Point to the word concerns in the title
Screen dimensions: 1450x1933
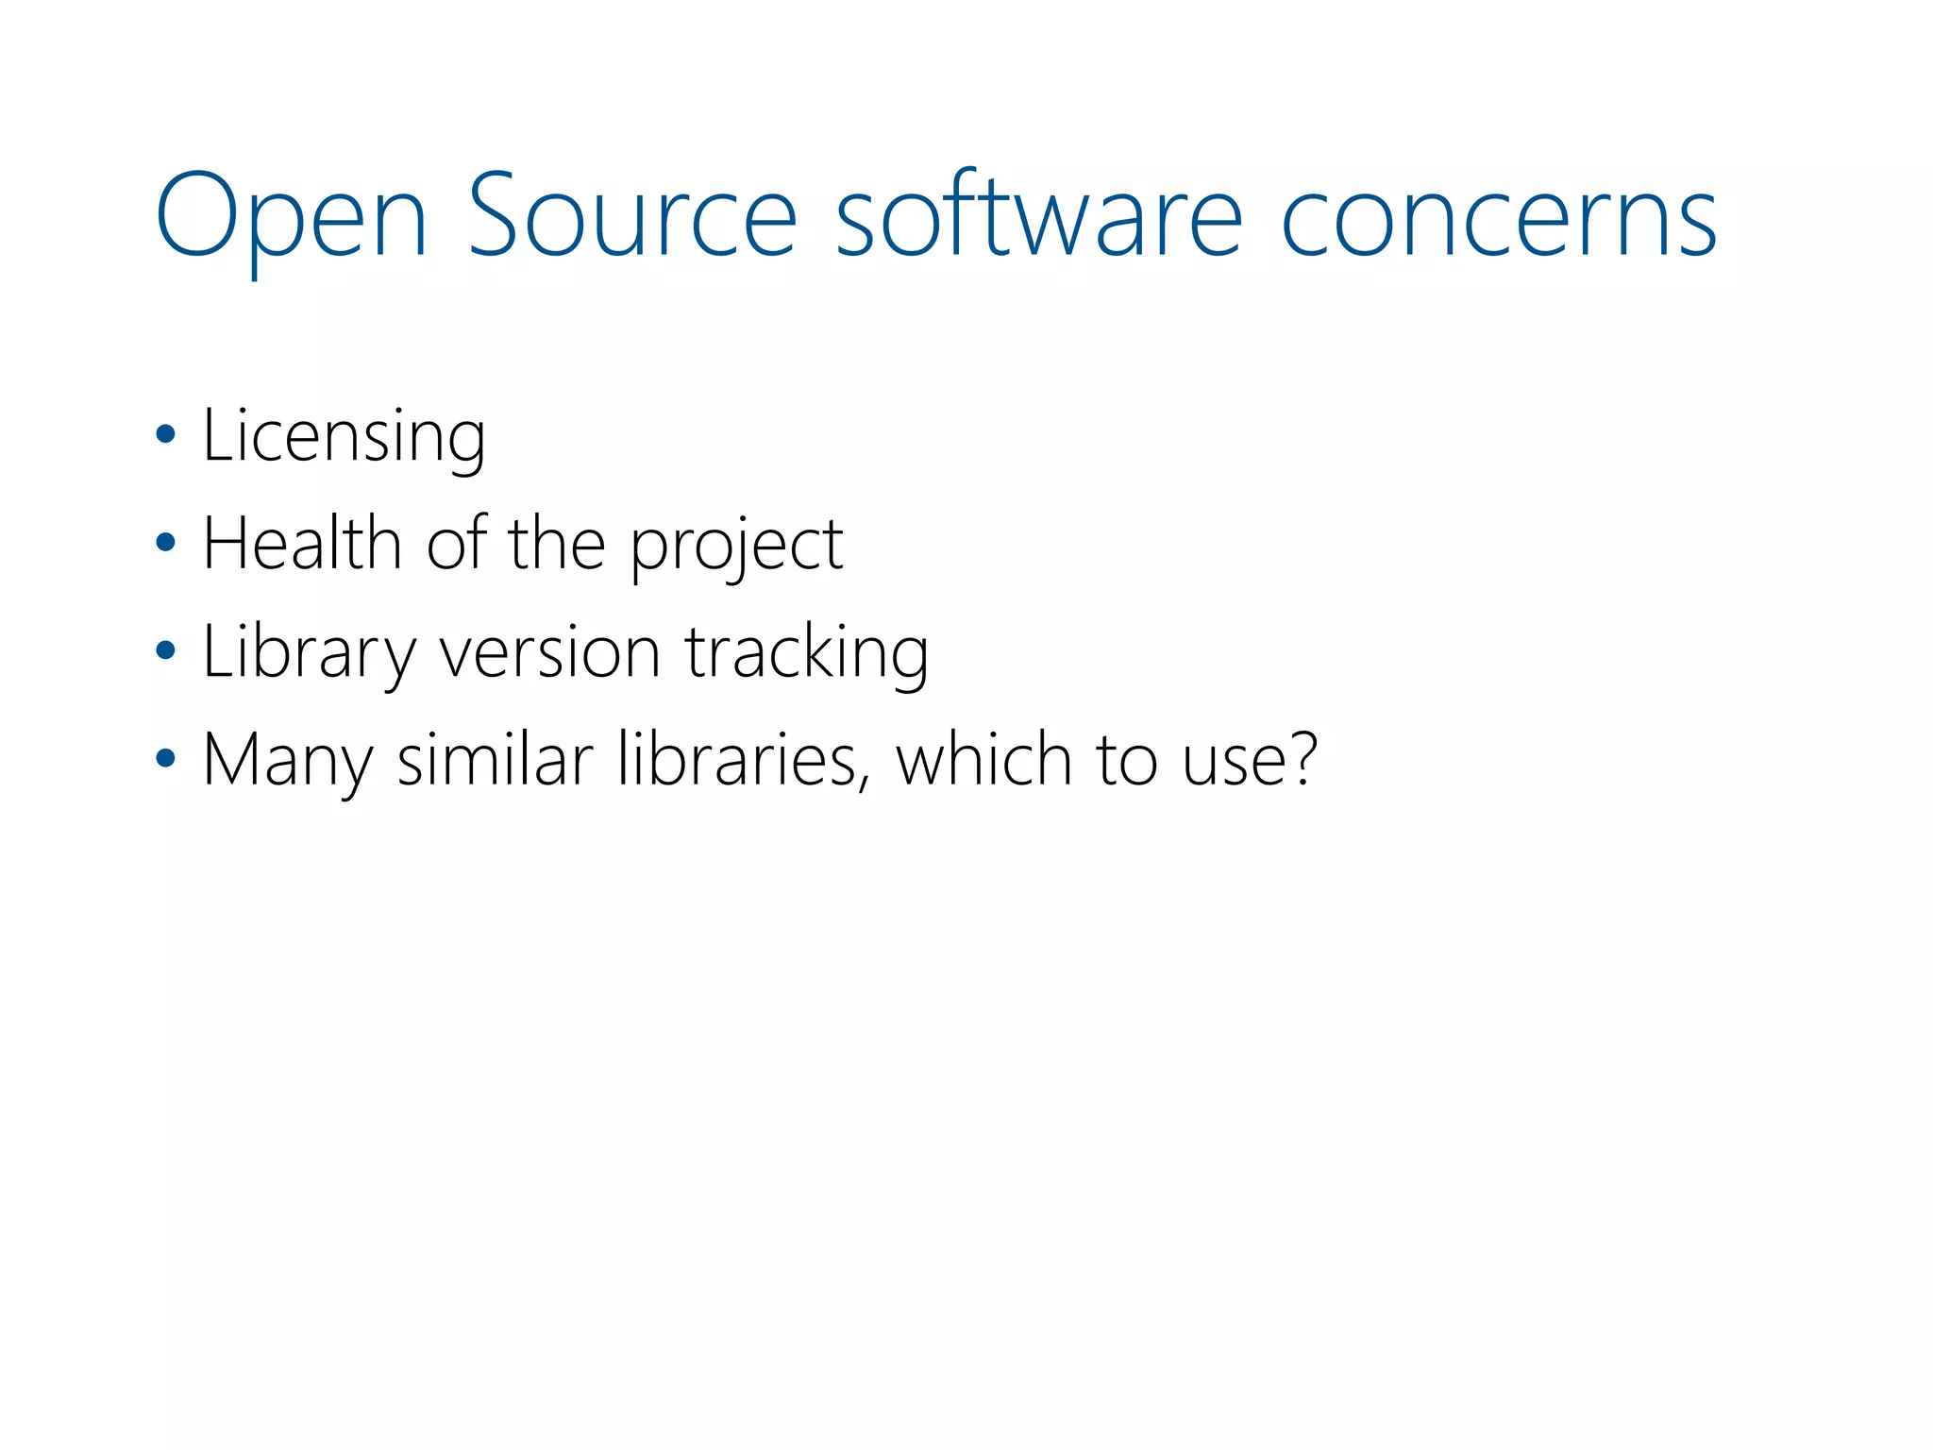tap(1498, 219)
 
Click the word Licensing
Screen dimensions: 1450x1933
tap(345, 436)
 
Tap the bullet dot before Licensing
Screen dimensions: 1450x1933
tap(166, 434)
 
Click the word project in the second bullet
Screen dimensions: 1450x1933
tap(736, 548)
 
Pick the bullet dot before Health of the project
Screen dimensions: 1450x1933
tap(166, 542)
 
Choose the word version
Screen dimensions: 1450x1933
tap(550, 653)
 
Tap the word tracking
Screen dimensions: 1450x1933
tap(807, 653)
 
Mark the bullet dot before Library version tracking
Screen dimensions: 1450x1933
tap(166, 649)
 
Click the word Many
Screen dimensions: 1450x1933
tap(288, 761)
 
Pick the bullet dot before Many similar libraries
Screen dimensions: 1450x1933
tap(166, 757)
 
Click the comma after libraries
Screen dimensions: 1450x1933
tap(864, 784)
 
